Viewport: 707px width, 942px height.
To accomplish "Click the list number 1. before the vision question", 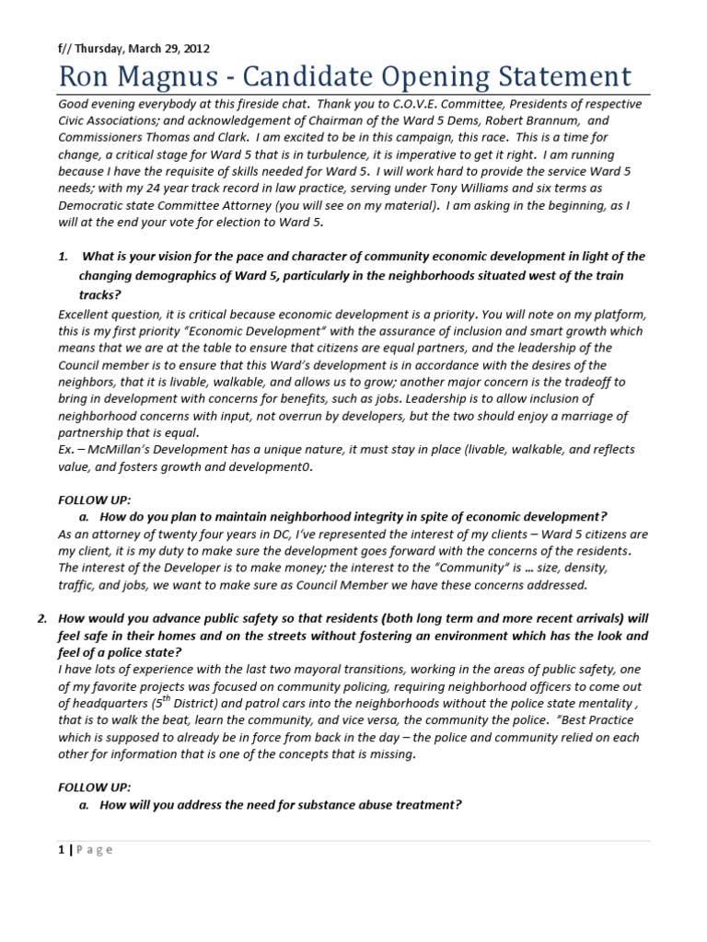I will (x=64, y=256).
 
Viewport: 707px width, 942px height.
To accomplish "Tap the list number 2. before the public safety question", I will (x=42, y=618).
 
